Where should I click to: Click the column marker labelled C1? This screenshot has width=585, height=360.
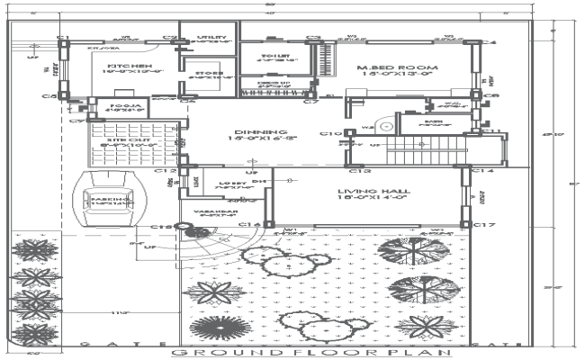(x=63, y=37)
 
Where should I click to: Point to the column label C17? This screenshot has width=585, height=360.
(x=484, y=224)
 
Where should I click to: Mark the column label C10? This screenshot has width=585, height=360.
(x=329, y=134)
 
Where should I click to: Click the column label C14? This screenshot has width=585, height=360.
(x=484, y=170)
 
